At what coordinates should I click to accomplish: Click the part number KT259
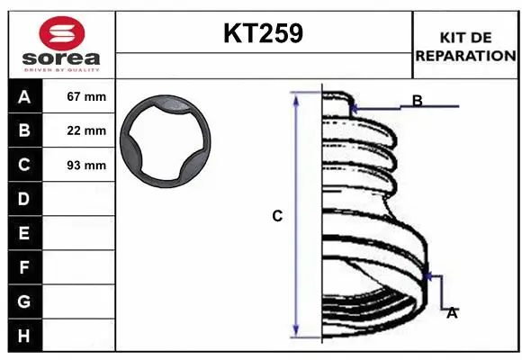click(263, 33)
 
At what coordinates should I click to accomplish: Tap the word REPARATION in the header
click(464, 55)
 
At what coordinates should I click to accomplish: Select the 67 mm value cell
click(86, 96)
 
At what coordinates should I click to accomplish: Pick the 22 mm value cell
click(86, 130)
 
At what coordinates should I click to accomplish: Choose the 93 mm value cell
click(86, 165)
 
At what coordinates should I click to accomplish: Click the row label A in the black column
click(24, 96)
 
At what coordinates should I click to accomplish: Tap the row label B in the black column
click(24, 130)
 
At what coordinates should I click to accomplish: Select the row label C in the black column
click(24, 165)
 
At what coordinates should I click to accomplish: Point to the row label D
click(24, 199)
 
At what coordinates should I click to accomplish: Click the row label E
click(24, 233)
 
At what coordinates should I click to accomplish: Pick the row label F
click(24, 267)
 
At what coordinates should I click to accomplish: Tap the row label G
click(24, 301)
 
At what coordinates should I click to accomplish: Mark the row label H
click(24, 336)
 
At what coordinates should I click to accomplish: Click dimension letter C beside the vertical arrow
click(277, 216)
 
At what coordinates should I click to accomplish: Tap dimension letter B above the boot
click(418, 100)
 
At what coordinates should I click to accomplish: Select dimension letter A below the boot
click(452, 313)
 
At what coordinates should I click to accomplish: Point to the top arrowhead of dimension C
click(297, 97)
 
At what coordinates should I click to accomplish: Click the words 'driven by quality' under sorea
click(61, 68)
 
